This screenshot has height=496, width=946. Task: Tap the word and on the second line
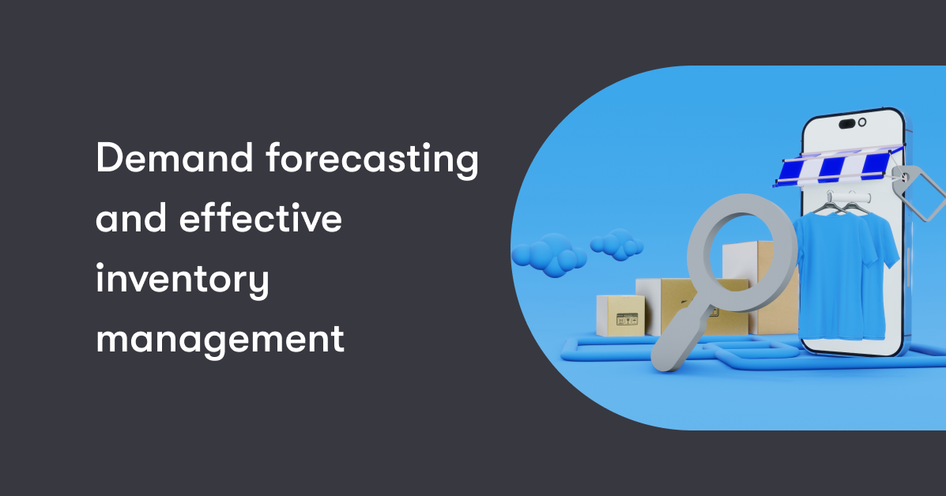pos(128,220)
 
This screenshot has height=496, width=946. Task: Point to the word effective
pos(261,220)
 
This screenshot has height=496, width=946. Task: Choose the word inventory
pos(183,281)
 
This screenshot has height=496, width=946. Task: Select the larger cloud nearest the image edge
pos(548,255)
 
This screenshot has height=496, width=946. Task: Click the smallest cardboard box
pos(616,315)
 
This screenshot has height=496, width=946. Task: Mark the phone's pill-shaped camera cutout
pos(849,123)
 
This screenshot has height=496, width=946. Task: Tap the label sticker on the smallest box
pos(626,321)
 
